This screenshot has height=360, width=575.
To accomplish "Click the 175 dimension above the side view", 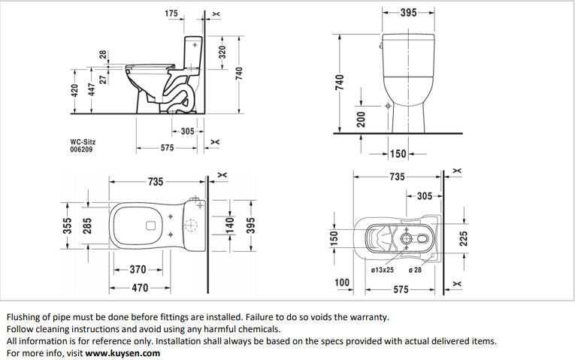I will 171,14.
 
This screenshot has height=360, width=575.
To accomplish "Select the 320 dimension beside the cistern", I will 222,54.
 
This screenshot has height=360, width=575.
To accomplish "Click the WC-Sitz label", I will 82,141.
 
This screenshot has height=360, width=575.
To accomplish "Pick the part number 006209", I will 82,149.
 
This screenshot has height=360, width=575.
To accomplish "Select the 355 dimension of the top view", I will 67,227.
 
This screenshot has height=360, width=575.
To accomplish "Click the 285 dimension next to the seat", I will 87,227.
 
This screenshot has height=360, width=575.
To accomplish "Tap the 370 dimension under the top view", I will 138,269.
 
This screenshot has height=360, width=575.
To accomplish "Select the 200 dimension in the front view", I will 361,118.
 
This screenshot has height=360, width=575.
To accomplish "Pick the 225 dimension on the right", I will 464,237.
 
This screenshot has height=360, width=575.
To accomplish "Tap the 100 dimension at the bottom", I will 342,283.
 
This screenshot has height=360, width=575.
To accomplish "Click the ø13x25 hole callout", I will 383,269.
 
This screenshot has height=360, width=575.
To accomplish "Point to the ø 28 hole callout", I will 415,269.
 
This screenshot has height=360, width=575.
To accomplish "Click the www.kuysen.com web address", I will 123,352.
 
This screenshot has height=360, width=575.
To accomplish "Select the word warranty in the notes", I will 369,317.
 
